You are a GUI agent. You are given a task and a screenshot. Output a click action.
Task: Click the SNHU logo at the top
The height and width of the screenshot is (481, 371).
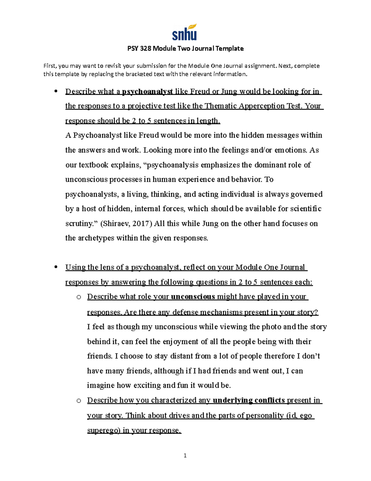coord(185,32)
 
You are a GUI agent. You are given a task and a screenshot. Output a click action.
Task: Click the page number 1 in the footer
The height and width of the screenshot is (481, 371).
coord(185,455)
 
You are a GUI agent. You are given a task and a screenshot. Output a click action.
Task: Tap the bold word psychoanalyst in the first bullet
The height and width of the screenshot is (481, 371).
coord(147,92)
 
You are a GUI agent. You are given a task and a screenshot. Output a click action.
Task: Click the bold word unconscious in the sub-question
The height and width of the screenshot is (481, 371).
coord(193,297)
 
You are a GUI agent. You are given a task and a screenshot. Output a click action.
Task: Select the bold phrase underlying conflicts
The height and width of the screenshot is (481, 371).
coord(249,400)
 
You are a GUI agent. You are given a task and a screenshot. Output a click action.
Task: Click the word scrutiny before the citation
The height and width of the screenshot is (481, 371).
coord(80,224)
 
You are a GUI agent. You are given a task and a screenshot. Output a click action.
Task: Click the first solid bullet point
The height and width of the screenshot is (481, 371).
coord(56,91)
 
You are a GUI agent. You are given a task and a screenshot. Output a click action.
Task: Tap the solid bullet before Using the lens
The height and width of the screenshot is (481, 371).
coord(56,267)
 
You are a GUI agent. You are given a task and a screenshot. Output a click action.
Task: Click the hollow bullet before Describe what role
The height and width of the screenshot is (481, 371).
coord(79,297)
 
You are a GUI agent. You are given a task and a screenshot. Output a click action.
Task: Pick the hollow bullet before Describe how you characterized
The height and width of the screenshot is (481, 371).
coord(79,400)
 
